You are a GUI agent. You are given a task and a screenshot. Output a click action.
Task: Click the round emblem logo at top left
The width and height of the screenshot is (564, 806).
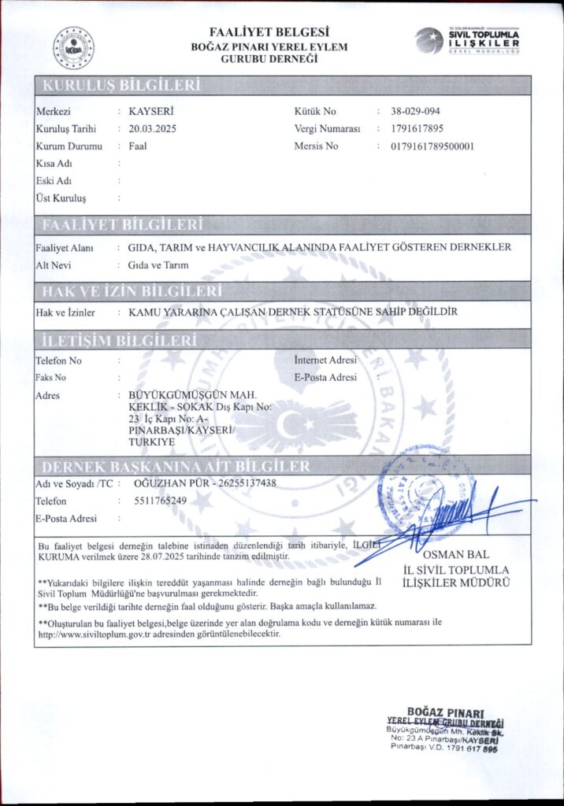coord(73,47)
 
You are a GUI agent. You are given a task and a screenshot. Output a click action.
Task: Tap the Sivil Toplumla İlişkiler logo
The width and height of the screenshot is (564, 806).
coord(468,40)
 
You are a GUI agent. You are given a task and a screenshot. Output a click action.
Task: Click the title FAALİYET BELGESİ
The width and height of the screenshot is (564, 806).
coord(269,32)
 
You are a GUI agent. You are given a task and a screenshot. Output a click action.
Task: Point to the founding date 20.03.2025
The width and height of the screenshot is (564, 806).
coord(152,129)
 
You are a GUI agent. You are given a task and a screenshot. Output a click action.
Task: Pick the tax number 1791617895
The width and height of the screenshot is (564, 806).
coord(417,129)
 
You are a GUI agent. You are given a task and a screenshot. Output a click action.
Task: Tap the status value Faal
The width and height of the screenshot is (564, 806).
coord(138,146)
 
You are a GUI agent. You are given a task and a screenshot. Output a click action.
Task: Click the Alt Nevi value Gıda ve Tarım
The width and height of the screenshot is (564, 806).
coord(158,265)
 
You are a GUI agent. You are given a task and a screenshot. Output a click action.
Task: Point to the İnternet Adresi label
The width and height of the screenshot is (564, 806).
coord(325,360)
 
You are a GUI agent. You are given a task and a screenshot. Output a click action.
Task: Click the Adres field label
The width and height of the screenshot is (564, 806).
coord(48,395)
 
